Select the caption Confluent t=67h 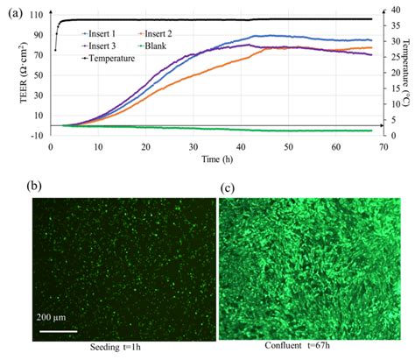pyautogui.click(x=313, y=351)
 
